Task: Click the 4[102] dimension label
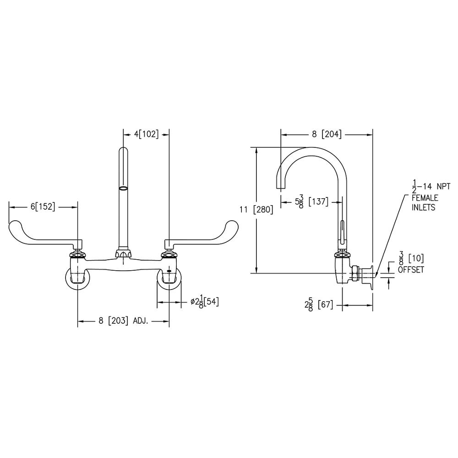point(146,134)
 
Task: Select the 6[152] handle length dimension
point(43,207)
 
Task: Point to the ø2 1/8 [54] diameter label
point(204,302)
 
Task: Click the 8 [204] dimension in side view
point(327,134)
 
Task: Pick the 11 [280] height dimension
point(256,210)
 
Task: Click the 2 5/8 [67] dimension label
point(319,305)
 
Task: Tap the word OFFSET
point(411,270)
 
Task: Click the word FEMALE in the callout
point(425,198)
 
